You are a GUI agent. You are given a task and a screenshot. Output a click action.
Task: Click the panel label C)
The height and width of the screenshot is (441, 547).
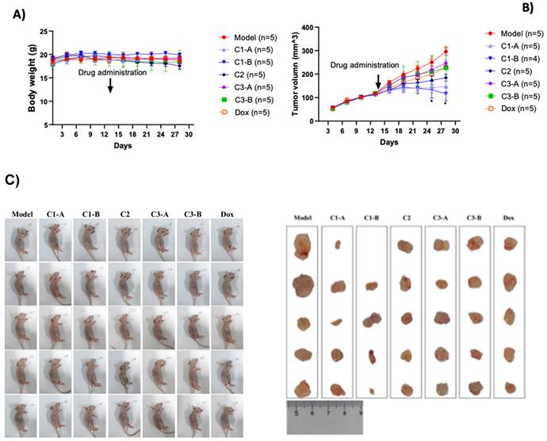(12, 179)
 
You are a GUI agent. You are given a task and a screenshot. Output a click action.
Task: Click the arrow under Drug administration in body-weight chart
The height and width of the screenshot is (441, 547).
(109, 86)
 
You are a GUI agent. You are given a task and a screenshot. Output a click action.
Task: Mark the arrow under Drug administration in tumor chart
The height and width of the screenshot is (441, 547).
(378, 82)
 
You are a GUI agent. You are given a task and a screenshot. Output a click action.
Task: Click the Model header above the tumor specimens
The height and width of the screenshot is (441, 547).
(302, 217)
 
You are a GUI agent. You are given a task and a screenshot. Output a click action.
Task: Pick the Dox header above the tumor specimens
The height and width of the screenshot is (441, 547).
(509, 217)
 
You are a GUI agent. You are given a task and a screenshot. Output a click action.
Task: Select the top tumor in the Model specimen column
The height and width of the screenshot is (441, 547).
(302, 247)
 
